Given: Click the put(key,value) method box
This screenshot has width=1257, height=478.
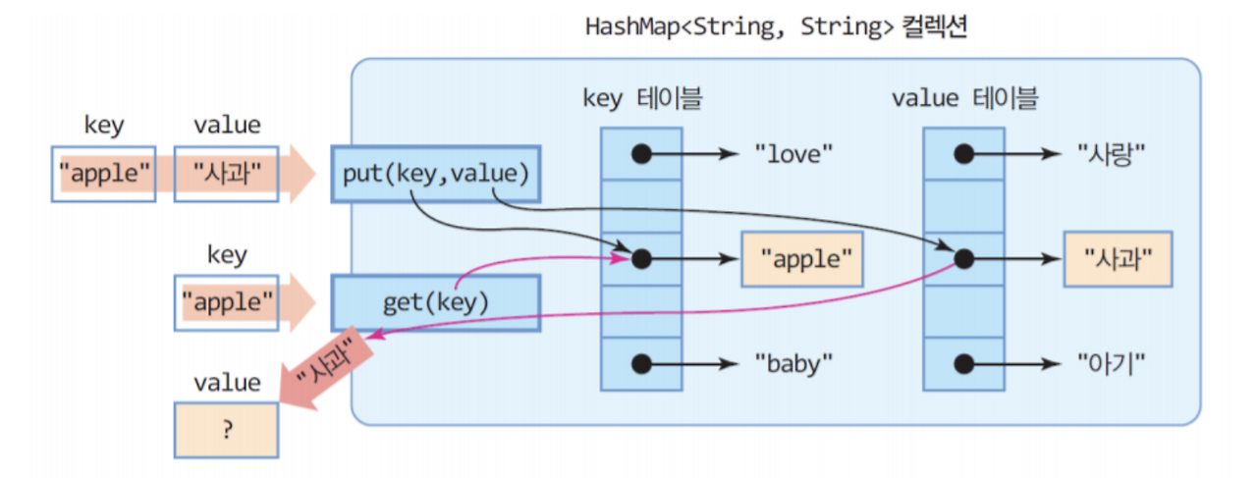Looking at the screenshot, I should [x=435, y=175].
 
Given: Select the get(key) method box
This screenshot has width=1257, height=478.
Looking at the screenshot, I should [x=435, y=301].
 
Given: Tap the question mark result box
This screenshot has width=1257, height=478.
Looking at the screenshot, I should [x=227, y=429].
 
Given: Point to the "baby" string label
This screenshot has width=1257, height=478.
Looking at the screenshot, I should [x=793, y=363].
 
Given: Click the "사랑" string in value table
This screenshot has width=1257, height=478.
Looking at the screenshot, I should [x=1111, y=153].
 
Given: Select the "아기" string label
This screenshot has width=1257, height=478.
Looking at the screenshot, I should [x=1111, y=363].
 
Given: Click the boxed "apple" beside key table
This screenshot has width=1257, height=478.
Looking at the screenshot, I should [x=802, y=259].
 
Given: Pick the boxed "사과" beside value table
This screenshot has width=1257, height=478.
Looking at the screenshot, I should [x=1118, y=259].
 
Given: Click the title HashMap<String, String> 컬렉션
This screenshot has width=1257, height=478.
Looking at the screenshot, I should [x=776, y=27].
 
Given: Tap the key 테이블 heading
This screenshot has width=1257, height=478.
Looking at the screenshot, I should [x=643, y=98].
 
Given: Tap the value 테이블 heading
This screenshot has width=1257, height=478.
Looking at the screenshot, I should [x=965, y=98].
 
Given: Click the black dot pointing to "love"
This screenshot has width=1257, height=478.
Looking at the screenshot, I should [x=641, y=153].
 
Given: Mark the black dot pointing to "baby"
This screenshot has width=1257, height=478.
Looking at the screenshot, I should [x=641, y=363].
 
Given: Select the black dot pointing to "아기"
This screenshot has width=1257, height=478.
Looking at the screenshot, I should [x=963, y=363].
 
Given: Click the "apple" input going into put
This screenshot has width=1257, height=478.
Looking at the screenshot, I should [x=104, y=175].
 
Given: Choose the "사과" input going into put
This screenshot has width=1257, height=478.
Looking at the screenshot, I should [x=227, y=175].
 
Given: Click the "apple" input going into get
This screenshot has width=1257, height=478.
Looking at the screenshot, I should [x=227, y=301].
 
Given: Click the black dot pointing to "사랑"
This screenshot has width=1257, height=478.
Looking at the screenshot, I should [x=963, y=153].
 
